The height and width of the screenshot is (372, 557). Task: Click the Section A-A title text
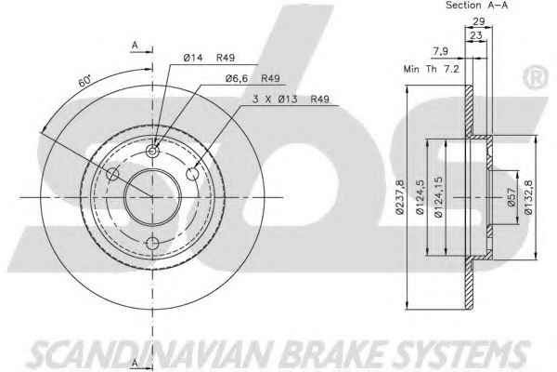point(476,6)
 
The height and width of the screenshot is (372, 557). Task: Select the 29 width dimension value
point(479,21)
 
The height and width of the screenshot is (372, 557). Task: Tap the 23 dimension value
point(476,35)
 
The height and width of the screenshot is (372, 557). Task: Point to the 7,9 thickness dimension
point(440,52)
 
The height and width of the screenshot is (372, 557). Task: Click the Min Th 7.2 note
point(432,69)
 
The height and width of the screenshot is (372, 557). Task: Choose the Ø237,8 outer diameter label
point(400,197)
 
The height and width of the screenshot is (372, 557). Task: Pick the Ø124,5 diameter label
point(420,197)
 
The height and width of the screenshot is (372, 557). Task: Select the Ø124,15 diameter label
point(438,197)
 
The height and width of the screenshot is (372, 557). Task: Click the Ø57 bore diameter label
point(511,197)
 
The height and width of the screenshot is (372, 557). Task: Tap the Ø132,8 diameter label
point(528,197)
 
